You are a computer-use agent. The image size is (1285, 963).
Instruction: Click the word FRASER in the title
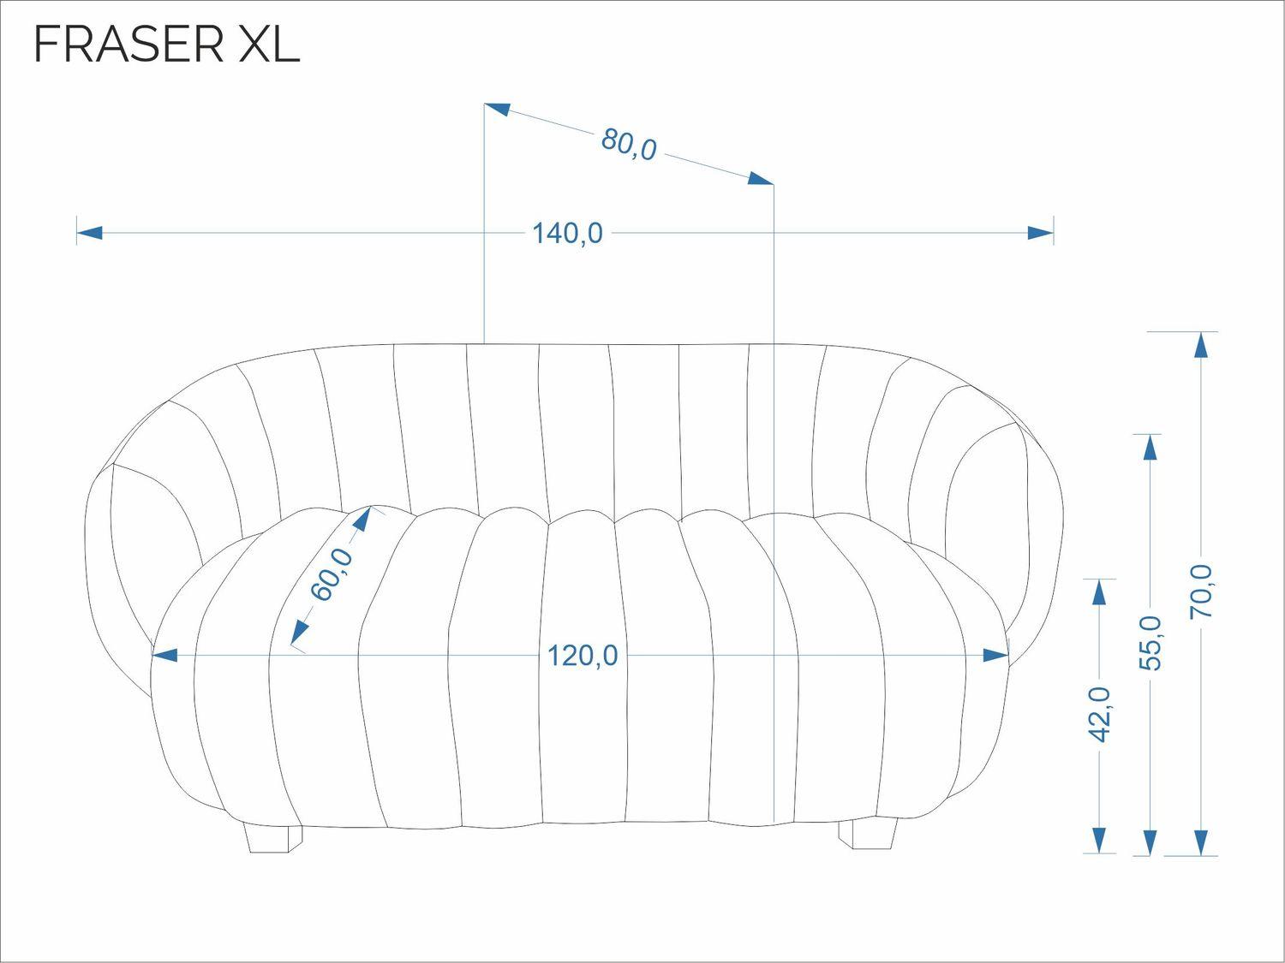(128, 45)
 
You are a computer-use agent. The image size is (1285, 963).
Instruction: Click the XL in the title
(269, 45)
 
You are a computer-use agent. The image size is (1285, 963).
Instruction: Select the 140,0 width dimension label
(567, 234)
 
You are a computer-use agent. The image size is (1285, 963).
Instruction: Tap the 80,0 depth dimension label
(629, 144)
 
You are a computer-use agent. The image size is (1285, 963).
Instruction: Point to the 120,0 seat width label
(583, 656)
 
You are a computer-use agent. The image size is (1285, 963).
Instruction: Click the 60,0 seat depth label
(332, 574)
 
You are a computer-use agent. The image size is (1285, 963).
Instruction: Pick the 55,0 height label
(1150, 643)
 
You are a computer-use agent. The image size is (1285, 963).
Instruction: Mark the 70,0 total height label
(1201, 591)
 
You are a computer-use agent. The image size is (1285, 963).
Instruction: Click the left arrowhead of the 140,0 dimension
(90, 233)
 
